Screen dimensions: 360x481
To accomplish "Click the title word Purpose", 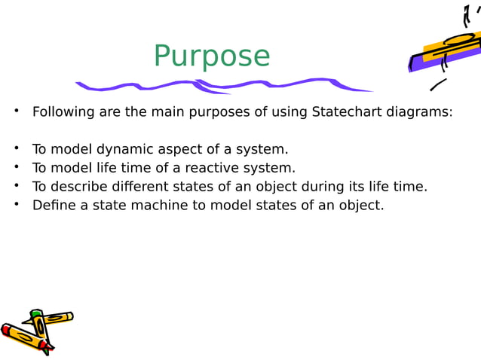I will (x=211, y=56).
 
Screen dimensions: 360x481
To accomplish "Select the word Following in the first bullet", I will (x=63, y=112).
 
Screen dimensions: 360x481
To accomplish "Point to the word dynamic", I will (x=114, y=149).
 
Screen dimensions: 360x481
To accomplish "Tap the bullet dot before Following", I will (x=15, y=112).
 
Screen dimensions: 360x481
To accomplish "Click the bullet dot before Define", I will (x=15, y=204).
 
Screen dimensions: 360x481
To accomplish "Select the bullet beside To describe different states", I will (x=15, y=186).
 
